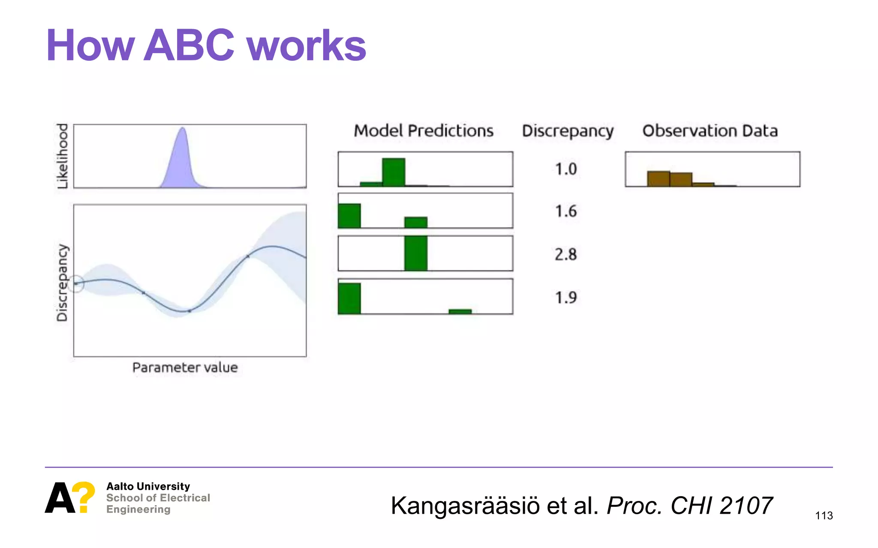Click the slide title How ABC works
(x=206, y=45)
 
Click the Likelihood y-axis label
(x=63, y=156)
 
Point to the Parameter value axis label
(x=185, y=367)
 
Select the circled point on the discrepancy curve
(x=76, y=283)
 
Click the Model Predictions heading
(x=424, y=131)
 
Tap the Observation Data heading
(x=710, y=131)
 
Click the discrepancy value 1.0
(x=566, y=169)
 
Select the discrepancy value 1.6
(x=566, y=211)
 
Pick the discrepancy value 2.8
(x=566, y=254)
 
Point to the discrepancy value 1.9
(x=566, y=297)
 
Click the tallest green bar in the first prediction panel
(x=394, y=172)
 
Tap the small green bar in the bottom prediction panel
(x=460, y=311)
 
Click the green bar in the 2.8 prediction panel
(x=416, y=253)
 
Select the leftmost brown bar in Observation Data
(x=658, y=179)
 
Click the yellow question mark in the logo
(x=84, y=496)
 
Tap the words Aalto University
(x=148, y=486)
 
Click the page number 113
(x=824, y=515)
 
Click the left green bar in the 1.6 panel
(x=349, y=216)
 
